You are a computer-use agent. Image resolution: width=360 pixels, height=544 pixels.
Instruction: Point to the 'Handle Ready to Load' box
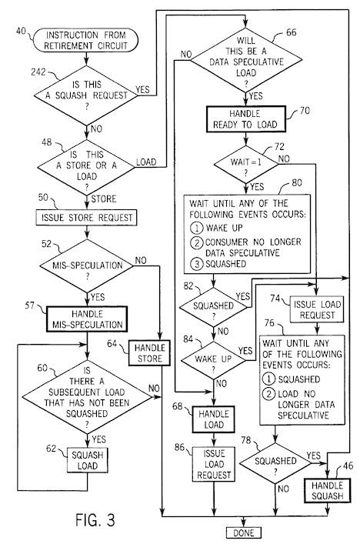click(244, 121)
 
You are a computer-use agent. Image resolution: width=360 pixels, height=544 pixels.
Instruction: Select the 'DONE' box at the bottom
click(243, 532)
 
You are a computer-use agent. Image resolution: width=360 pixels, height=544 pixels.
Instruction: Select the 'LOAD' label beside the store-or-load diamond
click(147, 162)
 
